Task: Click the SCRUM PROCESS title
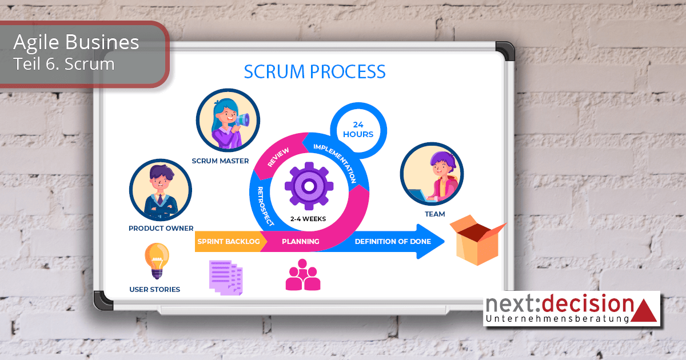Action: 314,72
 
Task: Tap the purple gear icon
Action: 309,186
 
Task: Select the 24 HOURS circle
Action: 358,130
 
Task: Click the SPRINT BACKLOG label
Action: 229,242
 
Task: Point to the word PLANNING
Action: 300,242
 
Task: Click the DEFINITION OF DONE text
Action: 393,242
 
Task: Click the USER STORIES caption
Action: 154,290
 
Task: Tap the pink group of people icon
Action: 303,275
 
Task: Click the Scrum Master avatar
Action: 228,121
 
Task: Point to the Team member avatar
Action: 432,174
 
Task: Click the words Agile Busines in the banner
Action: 76,42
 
